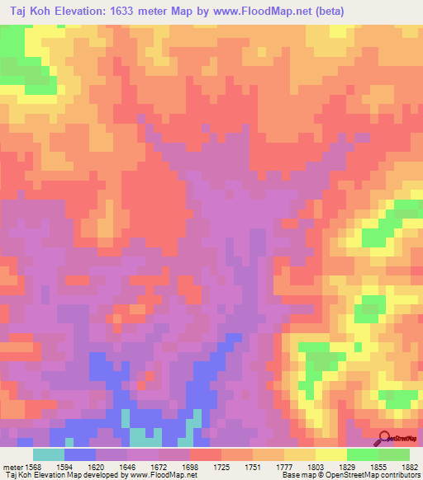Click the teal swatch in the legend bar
[x=49, y=454]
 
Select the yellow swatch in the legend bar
[x=331, y=454]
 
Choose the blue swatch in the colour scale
[x=80, y=454]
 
